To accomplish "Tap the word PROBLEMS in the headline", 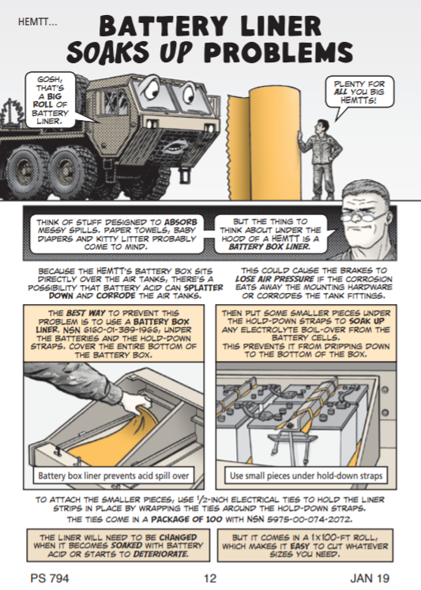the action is (x=280, y=51).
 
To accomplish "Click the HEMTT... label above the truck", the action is (x=38, y=22).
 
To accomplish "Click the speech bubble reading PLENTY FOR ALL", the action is (x=359, y=92).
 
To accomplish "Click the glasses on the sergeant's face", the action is (x=363, y=217).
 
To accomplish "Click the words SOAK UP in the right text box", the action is (x=366, y=321).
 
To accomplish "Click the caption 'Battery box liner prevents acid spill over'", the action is (x=114, y=475).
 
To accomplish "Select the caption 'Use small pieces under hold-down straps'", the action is (x=306, y=475).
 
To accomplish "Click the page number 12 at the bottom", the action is (x=210, y=578).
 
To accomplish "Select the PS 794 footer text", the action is (x=50, y=578).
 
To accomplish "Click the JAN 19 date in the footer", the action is (x=370, y=578).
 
